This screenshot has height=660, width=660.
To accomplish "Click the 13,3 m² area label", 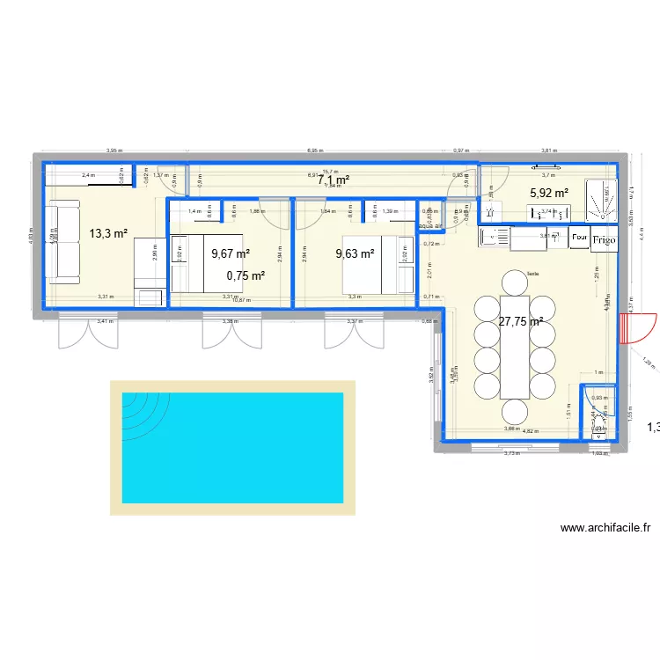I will (108, 233).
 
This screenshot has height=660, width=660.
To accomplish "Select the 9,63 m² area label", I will (355, 254).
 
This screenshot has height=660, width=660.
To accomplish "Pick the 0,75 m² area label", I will (246, 275).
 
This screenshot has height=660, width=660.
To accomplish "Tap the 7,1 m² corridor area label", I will (334, 180).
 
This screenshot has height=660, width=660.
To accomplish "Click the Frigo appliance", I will (604, 238).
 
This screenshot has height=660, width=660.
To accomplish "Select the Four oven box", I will (580, 238).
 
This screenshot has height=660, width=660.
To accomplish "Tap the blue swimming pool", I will (232, 448).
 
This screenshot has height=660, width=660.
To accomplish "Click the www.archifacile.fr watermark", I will (605, 528).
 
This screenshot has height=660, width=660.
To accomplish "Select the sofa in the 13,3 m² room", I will (63, 241).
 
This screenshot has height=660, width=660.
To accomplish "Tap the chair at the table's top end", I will (513, 282).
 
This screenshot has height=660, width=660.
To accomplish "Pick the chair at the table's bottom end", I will (513, 412).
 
